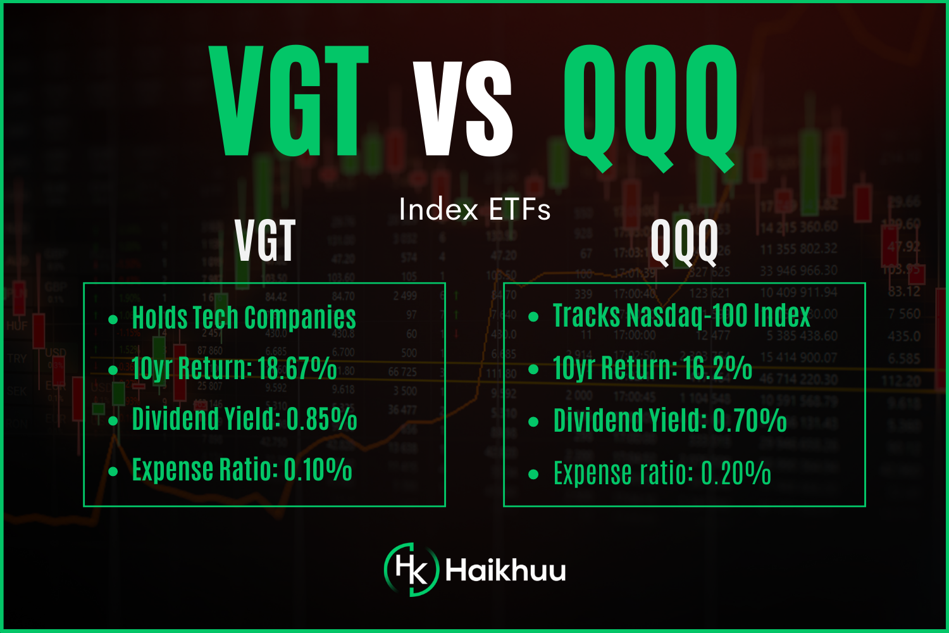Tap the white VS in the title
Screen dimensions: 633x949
pyautogui.click(x=463, y=109)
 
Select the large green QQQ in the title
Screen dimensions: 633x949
pyautogui.click(x=650, y=104)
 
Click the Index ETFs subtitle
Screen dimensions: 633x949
pyautogui.click(x=475, y=210)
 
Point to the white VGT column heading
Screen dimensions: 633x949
pyautogui.click(x=265, y=241)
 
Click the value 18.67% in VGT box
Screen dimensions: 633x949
pyautogui.click(x=297, y=368)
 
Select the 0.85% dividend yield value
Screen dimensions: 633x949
pyautogui.click(x=321, y=419)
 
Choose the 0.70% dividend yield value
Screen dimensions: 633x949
pyautogui.click(x=750, y=421)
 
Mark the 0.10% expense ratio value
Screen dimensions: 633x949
pyautogui.click(x=318, y=470)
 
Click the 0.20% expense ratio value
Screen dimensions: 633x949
pyautogui.click(x=736, y=473)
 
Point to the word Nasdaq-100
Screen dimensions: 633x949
pyautogui.click(x=681, y=316)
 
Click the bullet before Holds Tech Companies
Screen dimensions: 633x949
pyautogui.click(x=113, y=320)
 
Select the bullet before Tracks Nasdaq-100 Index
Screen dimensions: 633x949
pyautogui.click(x=533, y=317)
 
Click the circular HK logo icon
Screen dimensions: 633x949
pyautogui.click(x=411, y=570)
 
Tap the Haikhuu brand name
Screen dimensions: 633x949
pyautogui.click(x=506, y=570)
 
